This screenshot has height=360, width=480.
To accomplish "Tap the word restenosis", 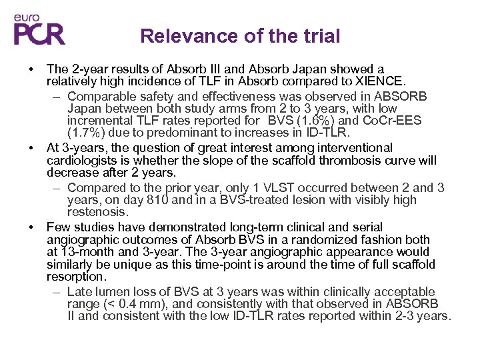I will click(97, 212).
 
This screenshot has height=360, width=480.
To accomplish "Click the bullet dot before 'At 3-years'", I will click(31, 148).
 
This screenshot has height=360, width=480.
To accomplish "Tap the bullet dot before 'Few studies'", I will click(31, 227).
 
